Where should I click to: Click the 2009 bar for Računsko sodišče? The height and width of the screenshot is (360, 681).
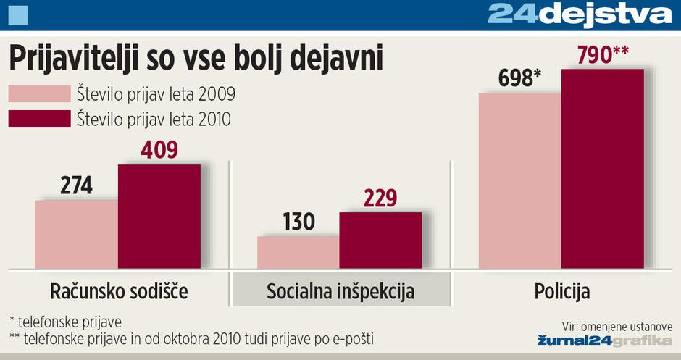click(x=76, y=234)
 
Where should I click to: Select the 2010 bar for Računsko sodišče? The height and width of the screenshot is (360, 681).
click(x=159, y=216)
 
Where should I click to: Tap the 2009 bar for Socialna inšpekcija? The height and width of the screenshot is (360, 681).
click(x=298, y=251)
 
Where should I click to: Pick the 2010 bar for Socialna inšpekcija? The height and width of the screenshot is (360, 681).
click(x=380, y=240)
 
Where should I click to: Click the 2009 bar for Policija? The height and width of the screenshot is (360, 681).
click(x=519, y=180)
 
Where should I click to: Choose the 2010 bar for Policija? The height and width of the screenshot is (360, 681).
click(x=603, y=168)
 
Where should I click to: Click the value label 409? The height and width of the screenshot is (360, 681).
click(x=157, y=150)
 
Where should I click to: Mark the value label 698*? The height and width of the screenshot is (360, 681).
click(x=520, y=78)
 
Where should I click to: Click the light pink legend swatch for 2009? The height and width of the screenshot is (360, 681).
click(x=39, y=94)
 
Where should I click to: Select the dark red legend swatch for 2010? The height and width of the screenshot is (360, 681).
click(x=39, y=118)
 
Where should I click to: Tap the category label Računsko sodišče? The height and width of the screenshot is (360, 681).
click(x=119, y=292)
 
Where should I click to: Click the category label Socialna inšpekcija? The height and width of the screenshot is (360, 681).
click(x=340, y=292)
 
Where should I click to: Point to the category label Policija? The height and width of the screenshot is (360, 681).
click(x=562, y=292)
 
